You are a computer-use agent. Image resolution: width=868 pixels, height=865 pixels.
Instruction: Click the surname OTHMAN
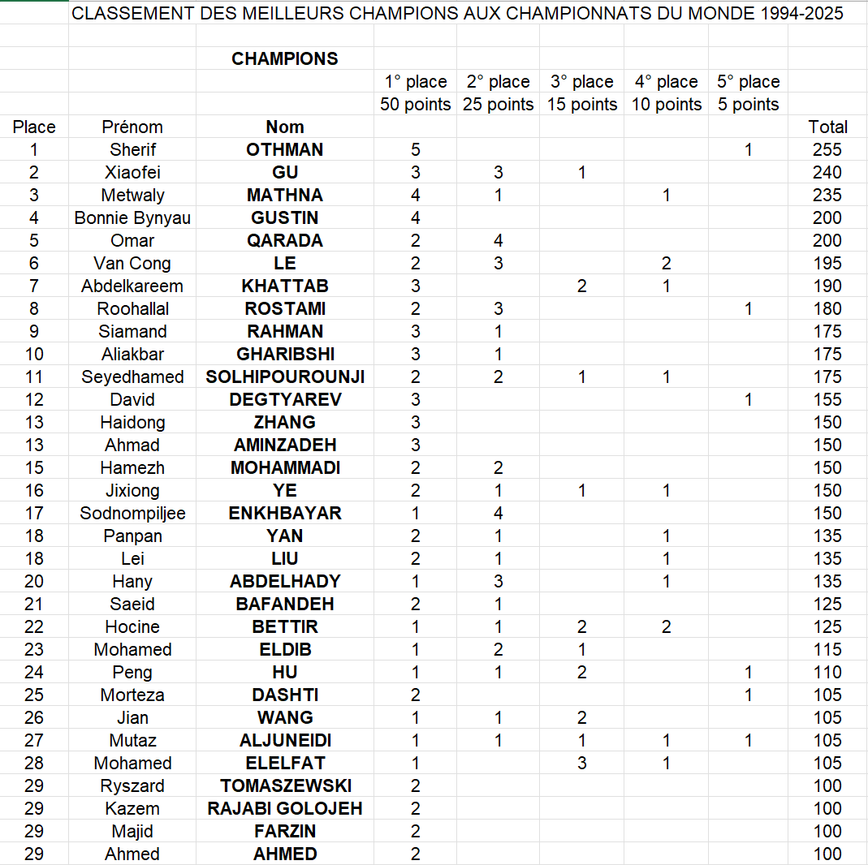pos(284,149)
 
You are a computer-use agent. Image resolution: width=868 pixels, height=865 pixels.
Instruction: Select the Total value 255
pos(827,149)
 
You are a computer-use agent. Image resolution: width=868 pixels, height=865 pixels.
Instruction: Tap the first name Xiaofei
pos(132,172)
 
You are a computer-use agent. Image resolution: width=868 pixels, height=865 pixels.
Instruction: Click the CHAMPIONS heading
pos(284,58)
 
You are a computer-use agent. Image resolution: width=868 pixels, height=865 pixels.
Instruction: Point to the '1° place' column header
pos(416,81)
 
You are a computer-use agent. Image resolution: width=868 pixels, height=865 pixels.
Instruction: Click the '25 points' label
pos(498,104)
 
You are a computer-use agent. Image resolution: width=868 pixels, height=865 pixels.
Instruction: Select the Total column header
pos(827,127)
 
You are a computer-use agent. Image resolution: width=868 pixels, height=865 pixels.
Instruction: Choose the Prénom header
pos(132,127)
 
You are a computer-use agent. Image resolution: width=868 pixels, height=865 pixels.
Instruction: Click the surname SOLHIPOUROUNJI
pos(284,377)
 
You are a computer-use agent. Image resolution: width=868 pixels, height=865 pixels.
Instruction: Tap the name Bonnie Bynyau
pos(132,217)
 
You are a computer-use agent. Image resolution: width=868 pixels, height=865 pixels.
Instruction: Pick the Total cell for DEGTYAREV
pos(827,399)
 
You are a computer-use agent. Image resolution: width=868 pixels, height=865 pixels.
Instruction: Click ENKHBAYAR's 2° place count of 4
pos(498,513)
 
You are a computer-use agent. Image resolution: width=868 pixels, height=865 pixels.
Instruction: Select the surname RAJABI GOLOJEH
pos(284,808)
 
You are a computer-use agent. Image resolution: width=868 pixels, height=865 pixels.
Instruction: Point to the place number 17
pos(34,513)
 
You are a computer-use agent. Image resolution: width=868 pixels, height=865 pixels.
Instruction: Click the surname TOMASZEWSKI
pos(284,785)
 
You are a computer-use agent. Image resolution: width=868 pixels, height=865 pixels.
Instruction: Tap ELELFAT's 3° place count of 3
pos(582,763)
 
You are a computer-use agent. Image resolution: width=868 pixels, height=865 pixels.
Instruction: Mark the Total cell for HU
pos(827,672)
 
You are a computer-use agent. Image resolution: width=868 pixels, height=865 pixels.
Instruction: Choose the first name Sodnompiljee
pos(132,513)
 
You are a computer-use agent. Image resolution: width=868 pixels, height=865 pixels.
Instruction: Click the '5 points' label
pos(748,104)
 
